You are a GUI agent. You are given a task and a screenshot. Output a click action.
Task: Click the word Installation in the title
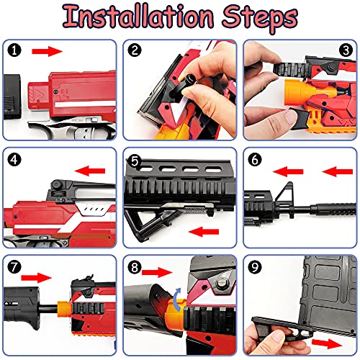pos(138,17)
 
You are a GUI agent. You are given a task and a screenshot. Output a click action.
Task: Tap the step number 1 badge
pos(14,50)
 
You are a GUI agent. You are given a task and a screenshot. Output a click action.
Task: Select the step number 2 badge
pos(135,50)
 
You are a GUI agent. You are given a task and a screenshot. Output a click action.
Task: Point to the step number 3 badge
pos(346,50)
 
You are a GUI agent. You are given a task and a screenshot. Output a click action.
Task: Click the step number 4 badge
pos(14,160)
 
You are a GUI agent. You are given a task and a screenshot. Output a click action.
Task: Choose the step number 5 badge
pos(135,161)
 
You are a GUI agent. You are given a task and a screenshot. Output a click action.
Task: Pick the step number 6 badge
pos(255,160)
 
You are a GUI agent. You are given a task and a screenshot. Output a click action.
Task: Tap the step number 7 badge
pos(14,266)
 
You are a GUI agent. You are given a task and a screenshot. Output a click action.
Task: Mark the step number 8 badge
pos(135,266)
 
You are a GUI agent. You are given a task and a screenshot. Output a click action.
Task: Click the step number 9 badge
pos(255,266)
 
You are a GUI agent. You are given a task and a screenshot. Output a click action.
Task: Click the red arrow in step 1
pos(47,51)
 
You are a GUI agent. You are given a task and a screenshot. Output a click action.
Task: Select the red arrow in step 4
pos(90,171)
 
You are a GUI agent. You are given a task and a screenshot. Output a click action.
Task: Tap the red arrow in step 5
pos(204,232)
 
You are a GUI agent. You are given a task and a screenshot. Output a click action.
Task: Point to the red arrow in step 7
pos(36,278)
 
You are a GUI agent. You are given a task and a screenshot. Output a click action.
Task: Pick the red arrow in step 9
pos(327,343)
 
